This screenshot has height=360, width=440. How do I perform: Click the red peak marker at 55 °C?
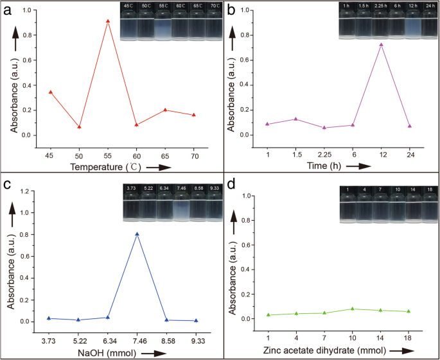point(108,21)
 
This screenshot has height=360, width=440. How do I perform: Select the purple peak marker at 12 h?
point(381,45)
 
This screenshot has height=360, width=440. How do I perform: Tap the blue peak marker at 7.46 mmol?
point(137,234)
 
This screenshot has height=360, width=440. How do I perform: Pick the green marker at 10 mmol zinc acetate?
point(353,309)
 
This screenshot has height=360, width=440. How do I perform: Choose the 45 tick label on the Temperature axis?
point(50,156)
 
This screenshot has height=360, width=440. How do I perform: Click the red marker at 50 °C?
point(79,127)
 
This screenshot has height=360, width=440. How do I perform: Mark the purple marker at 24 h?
point(409,126)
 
